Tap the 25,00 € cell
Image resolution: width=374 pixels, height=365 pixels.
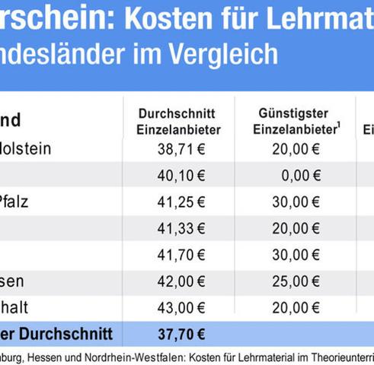(x=295, y=281)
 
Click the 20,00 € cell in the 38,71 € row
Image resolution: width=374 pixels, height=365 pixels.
(x=295, y=149)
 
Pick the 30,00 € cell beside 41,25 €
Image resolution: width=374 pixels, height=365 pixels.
(x=295, y=202)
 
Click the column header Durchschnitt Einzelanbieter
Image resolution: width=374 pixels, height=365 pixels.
(x=179, y=121)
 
